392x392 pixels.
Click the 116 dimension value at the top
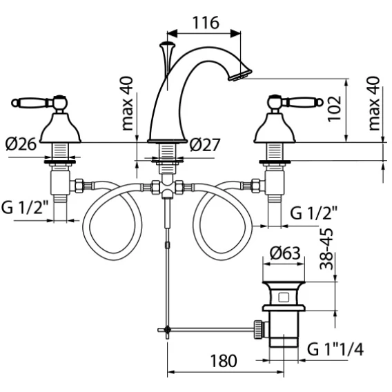coord(206,23)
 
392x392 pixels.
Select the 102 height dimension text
coord(334,109)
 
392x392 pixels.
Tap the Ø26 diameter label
coord(21,144)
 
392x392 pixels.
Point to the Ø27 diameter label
coord(205,145)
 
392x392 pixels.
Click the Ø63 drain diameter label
coord(285,253)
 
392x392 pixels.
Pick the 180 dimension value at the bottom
coord(223,361)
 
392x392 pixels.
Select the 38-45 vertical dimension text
coord(326,248)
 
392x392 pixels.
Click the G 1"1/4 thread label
coord(335,349)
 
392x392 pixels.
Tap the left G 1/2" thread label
coord(25,208)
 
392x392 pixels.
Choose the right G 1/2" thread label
coord(313,213)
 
